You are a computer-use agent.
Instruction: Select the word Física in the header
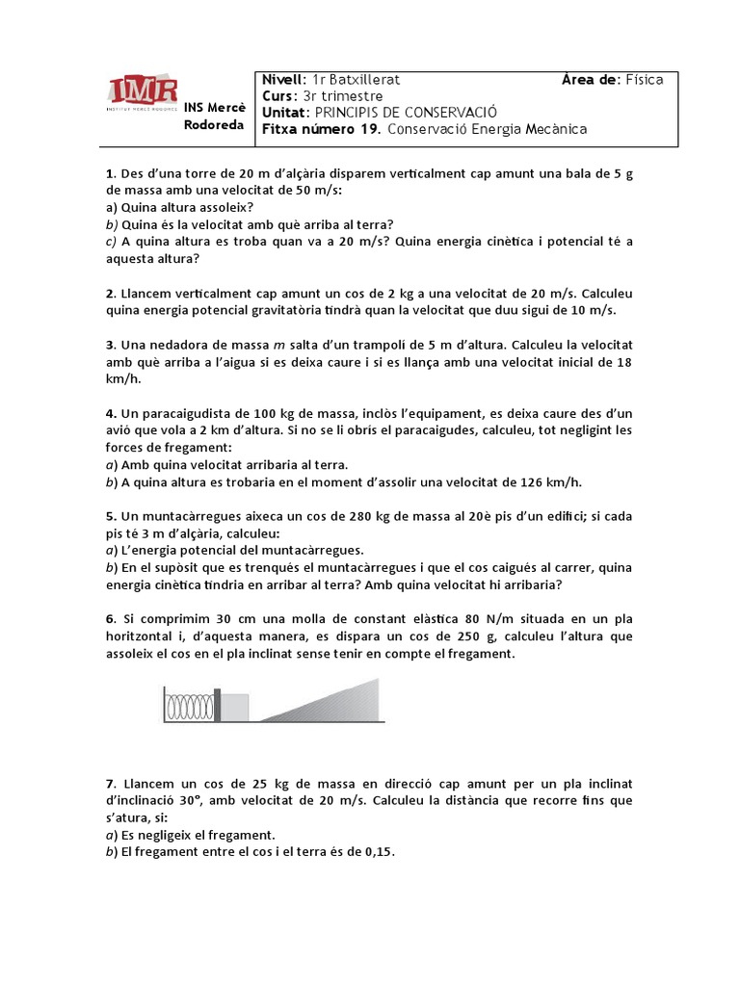point(643,80)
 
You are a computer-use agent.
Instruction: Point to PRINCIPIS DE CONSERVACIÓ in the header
point(402,113)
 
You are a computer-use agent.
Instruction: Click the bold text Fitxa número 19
point(322,129)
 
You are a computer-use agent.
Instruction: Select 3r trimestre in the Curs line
point(342,96)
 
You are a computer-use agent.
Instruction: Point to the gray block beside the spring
point(236,707)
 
